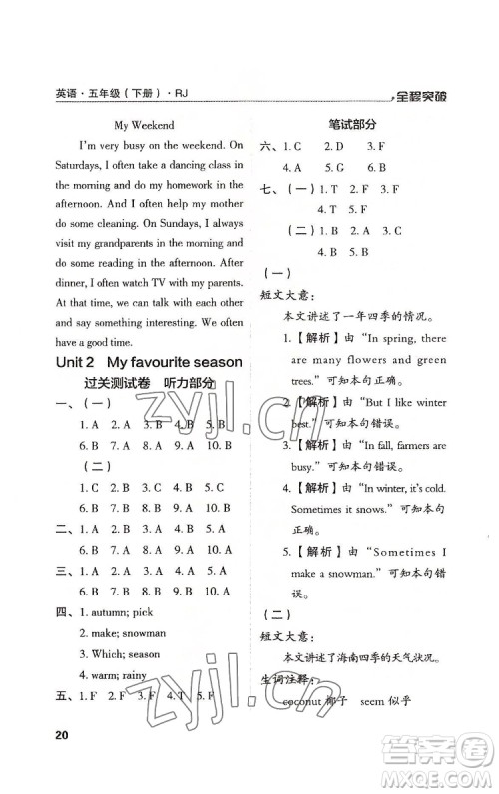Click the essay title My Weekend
pos(144,126)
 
